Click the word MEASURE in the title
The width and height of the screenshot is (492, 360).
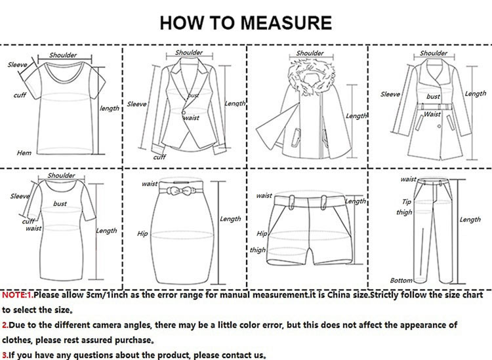point(286,22)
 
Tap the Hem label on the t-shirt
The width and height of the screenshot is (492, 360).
point(24,153)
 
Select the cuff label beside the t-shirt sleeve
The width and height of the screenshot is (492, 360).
point(20,94)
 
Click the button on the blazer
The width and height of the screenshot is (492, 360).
point(183,112)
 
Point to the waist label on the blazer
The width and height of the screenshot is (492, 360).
point(191,118)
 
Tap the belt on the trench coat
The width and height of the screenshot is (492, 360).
point(434,107)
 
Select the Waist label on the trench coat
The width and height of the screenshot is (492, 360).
point(432,114)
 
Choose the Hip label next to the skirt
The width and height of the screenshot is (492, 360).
point(142,233)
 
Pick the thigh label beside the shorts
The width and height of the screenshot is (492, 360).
point(258,250)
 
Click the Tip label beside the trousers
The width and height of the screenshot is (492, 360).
point(406,201)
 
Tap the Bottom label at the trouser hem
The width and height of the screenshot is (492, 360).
point(401,280)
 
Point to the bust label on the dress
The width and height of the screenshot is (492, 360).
point(60,203)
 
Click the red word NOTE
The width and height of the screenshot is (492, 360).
point(14,295)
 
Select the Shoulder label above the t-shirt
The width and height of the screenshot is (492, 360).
point(63,55)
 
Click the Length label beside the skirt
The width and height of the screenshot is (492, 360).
point(230,219)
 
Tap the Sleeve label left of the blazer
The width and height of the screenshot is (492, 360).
point(137,104)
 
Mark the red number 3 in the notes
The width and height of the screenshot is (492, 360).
point(4,355)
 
